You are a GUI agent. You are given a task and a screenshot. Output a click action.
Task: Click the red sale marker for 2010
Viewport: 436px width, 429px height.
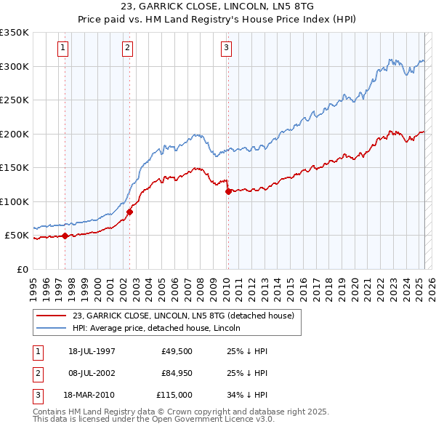[228, 192]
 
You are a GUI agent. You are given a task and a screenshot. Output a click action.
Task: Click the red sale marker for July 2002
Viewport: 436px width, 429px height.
[129, 212]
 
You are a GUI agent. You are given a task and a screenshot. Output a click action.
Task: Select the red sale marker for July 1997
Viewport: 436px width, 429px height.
[65, 236]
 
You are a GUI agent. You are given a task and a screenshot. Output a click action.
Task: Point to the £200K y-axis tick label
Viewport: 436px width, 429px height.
[15, 134]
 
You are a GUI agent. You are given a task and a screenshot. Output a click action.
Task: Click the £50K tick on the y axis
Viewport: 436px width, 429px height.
[17, 236]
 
